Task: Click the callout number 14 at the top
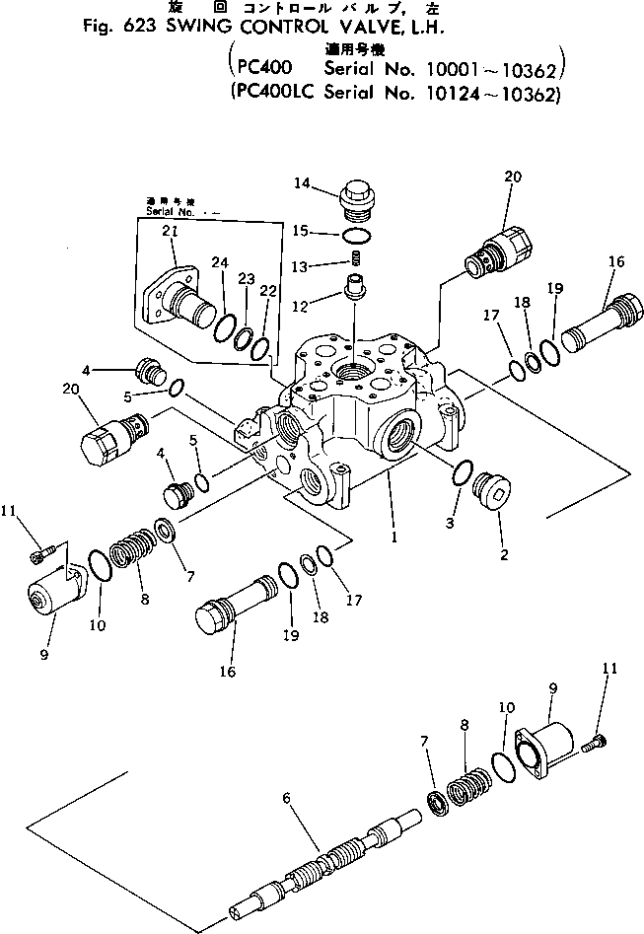[x=301, y=181]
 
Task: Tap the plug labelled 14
[x=356, y=200]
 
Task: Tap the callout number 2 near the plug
[x=504, y=555]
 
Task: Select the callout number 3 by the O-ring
[x=450, y=523]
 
